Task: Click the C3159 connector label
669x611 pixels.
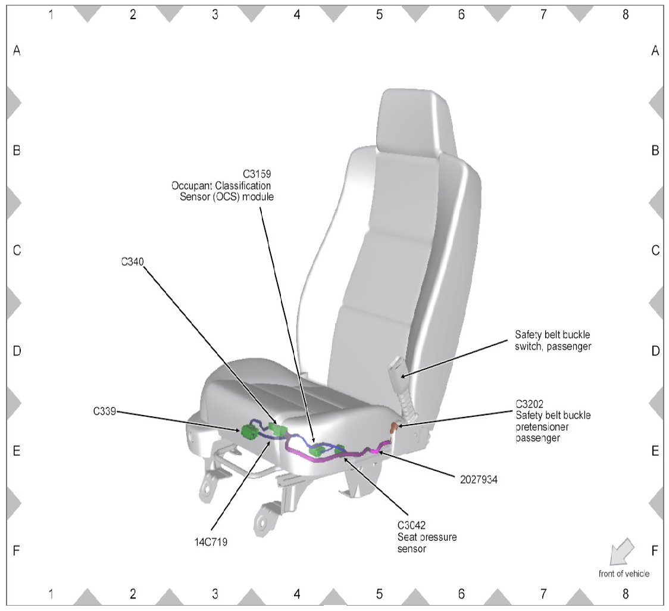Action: pos(258,174)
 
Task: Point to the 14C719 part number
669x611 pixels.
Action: pos(211,542)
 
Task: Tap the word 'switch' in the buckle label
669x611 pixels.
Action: pos(529,346)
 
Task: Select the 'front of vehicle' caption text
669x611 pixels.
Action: pos(624,574)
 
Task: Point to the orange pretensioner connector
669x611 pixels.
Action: pos(393,427)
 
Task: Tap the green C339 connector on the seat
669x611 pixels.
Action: pos(248,432)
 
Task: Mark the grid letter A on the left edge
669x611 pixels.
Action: pos(17,51)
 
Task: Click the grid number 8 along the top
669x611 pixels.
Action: pos(625,15)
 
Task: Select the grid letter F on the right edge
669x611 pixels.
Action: pos(655,551)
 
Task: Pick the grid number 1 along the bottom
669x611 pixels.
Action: pos(51,594)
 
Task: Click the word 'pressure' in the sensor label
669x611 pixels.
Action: pos(437,537)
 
